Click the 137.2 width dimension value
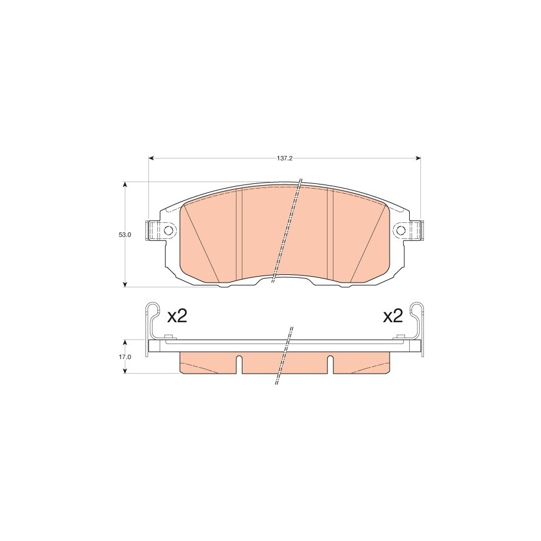[x=284, y=158]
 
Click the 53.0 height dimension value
[x=125, y=235]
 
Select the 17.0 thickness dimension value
[x=125, y=357]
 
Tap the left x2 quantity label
[x=177, y=316]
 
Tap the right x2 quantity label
[x=393, y=316]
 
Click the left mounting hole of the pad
[x=169, y=230]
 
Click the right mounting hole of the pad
[x=401, y=230]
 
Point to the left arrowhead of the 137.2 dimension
[x=151, y=158]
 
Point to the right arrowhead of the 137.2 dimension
[x=419, y=158]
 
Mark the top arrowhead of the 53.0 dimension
[x=125, y=184]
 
